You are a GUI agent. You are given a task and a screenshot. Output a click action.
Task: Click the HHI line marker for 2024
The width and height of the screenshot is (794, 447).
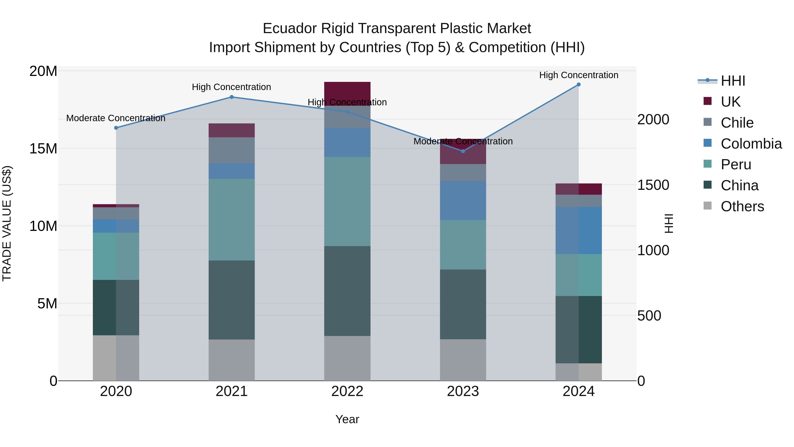(579, 85)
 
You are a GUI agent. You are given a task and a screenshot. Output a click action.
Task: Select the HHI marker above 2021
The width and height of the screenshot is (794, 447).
(232, 97)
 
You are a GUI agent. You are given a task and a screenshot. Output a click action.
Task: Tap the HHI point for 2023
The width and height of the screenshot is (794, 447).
(463, 151)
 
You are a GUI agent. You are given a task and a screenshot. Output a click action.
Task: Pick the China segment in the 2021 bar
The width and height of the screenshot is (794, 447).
(232, 300)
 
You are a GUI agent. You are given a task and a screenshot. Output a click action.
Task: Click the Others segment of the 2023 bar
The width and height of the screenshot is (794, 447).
(463, 360)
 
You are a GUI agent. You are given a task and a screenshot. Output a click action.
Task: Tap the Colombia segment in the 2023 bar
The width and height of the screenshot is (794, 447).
(463, 200)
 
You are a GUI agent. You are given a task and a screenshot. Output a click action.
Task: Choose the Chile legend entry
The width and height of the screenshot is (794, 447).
(737, 123)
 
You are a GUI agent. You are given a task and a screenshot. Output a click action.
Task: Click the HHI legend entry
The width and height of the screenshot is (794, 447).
(733, 81)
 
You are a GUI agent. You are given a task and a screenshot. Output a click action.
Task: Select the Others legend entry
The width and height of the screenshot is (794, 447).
(742, 206)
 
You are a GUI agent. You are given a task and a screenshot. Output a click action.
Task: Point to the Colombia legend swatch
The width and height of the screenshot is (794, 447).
(708, 143)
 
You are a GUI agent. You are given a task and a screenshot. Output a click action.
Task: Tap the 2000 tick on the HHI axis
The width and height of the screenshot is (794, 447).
(653, 119)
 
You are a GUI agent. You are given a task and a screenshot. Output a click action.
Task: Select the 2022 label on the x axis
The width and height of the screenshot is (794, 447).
(347, 391)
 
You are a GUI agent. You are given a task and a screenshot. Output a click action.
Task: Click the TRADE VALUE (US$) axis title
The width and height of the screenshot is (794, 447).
(7, 223)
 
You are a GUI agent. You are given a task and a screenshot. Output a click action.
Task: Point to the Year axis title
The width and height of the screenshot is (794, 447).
(347, 419)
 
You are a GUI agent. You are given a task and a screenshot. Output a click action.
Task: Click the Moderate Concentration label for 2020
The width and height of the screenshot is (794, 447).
(116, 118)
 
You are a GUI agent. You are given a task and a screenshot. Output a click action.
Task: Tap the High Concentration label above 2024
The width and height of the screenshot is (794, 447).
(579, 75)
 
